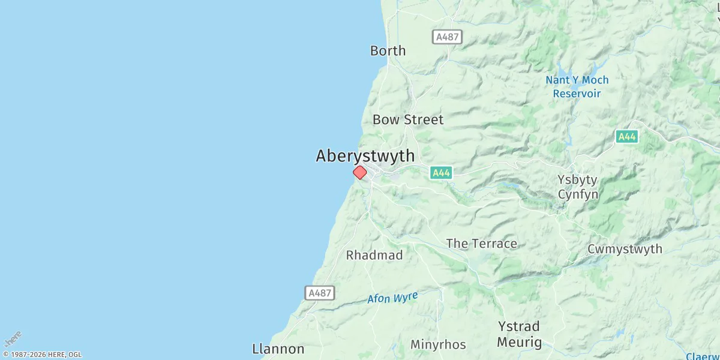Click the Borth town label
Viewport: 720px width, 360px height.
[388, 51]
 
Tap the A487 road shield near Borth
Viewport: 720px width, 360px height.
[447, 37]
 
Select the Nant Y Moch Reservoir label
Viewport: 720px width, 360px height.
[577, 87]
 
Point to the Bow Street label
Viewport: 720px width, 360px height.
[408, 119]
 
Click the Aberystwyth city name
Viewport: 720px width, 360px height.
[365, 156]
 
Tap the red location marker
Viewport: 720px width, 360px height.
[359, 173]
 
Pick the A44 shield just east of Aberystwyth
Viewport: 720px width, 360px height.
[441, 173]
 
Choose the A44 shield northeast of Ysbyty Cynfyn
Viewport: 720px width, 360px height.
[626, 137]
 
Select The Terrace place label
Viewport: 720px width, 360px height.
[481, 244]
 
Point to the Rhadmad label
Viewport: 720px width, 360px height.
[374, 255]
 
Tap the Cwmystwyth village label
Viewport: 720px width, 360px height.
[625, 249]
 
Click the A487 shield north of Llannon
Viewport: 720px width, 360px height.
[320, 293]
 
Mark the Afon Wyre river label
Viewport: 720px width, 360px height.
[392, 298]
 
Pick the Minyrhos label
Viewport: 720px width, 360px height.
[438, 344]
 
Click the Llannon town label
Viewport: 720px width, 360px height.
[278, 349]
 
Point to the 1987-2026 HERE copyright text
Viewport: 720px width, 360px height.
[42, 355]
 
